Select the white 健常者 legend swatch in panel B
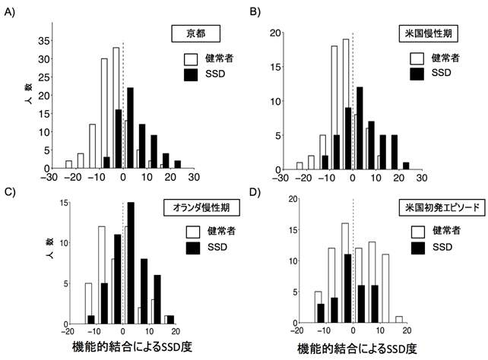click(x=417, y=58)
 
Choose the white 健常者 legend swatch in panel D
click(x=417, y=230)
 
